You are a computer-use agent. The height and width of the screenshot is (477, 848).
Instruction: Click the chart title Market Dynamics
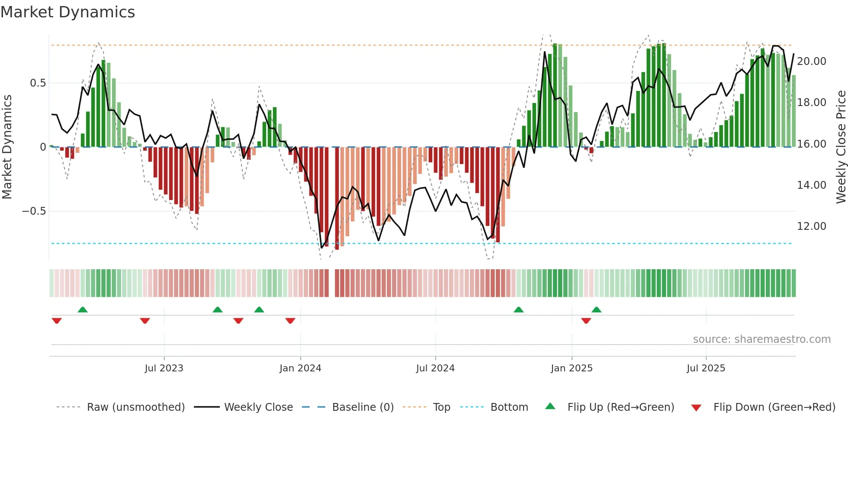pyautogui.click(x=67, y=12)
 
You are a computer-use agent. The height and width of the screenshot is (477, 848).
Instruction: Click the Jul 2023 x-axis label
pyautogui.click(x=164, y=368)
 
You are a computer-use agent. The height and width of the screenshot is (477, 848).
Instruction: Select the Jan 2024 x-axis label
pyautogui.click(x=300, y=368)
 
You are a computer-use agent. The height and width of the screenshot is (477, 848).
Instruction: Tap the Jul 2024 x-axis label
pyautogui.click(x=435, y=368)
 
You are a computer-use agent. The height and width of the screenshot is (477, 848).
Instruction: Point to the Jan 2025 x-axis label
pyautogui.click(x=572, y=368)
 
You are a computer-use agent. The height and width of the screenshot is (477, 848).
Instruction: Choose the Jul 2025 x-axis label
pyautogui.click(x=706, y=368)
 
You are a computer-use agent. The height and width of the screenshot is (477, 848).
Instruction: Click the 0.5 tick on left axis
pyautogui.click(x=38, y=83)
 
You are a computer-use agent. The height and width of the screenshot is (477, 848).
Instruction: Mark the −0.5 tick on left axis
pyautogui.click(x=34, y=211)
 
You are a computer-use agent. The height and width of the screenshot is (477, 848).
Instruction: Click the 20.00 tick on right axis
pyautogui.click(x=812, y=61)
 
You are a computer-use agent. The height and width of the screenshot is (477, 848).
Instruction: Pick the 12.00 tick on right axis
pyautogui.click(x=812, y=226)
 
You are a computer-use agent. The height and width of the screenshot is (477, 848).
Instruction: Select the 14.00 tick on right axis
pyautogui.click(x=812, y=185)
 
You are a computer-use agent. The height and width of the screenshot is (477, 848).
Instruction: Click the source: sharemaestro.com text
pyautogui.click(x=761, y=339)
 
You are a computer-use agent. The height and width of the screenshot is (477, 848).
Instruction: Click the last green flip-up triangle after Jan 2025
pyautogui.click(x=596, y=309)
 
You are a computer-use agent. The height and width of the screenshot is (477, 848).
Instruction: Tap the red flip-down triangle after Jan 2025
pyautogui.click(x=586, y=321)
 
